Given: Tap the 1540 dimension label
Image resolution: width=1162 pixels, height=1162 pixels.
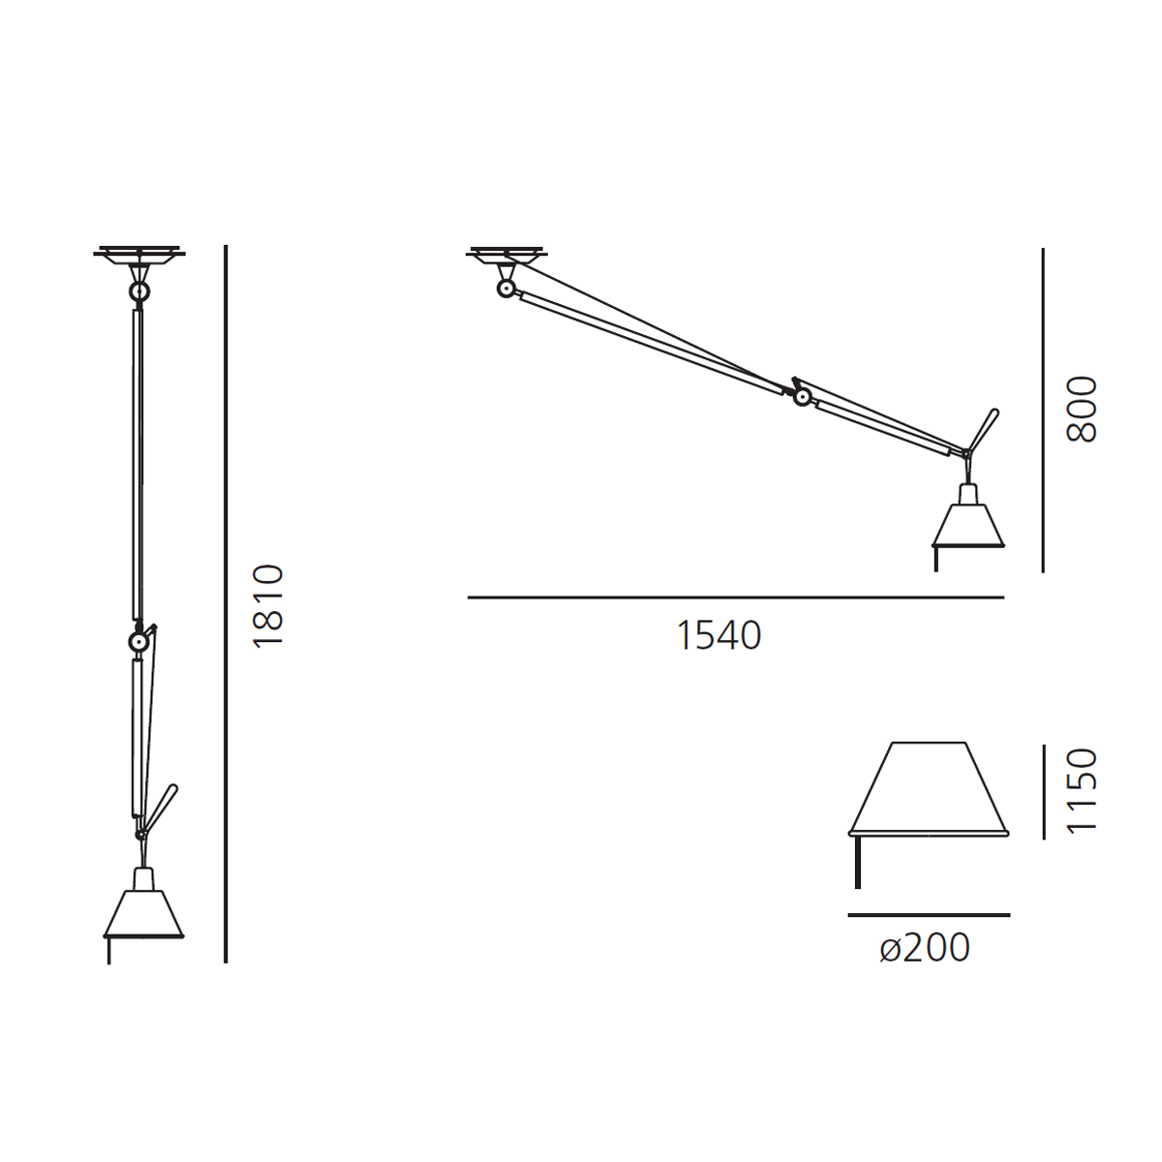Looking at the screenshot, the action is [x=719, y=635].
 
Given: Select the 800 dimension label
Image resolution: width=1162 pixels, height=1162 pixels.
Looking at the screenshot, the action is [x=1082, y=410].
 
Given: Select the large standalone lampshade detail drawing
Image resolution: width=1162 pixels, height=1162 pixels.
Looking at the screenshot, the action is [x=928, y=790].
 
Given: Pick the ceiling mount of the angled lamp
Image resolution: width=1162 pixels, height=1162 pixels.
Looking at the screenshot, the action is [x=507, y=255].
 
